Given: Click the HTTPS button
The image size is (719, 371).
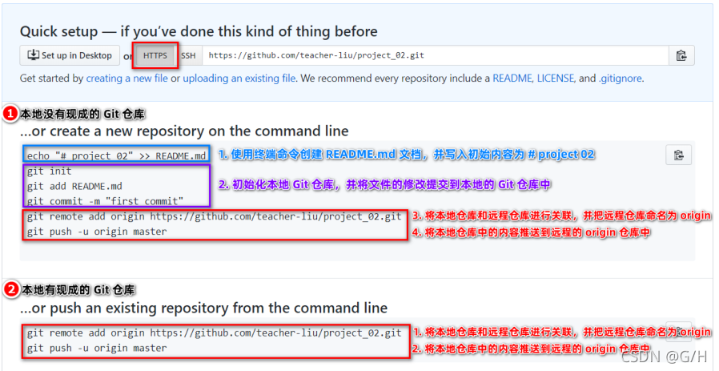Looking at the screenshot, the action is pyautogui.click(x=155, y=55).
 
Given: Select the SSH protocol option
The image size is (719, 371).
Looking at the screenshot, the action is pyautogui.click(x=187, y=55).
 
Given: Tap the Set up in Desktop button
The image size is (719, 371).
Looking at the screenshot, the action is pyautogui.click(x=70, y=55).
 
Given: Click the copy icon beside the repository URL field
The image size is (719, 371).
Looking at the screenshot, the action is pyautogui.click(x=681, y=55).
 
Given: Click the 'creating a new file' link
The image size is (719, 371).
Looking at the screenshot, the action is pyautogui.click(x=127, y=79).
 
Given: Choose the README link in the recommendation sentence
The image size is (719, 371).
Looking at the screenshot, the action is pyautogui.click(x=512, y=79).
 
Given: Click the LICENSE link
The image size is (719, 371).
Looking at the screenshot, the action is pyautogui.click(x=556, y=79).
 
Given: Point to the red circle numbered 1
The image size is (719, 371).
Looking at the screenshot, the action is pyautogui.click(x=10, y=114).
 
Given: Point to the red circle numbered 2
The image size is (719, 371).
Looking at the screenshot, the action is pyautogui.click(x=10, y=289).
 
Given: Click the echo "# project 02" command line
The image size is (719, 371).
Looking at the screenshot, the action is pyautogui.click(x=116, y=155).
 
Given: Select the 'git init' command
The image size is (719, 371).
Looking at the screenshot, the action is pyautogui.click(x=49, y=171).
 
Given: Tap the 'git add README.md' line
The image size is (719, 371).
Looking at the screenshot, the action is pyautogui.click(x=74, y=186).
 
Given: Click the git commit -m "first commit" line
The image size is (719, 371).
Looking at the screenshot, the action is pyautogui.click(x=105, y=201).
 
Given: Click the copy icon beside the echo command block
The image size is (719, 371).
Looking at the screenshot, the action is pyautogui.click(x=678, y=155).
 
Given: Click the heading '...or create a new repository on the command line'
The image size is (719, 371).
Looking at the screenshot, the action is pyautogui.click(x=184, y=131).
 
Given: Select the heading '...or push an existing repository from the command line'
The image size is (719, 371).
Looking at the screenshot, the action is pyautogui.click(x=203, y=308).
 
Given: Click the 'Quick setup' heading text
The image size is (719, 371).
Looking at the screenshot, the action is pyautogui.click(x=199, y=32).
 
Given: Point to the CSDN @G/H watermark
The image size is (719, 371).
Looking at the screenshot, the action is pyautogui.click(x=664, y=357).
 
